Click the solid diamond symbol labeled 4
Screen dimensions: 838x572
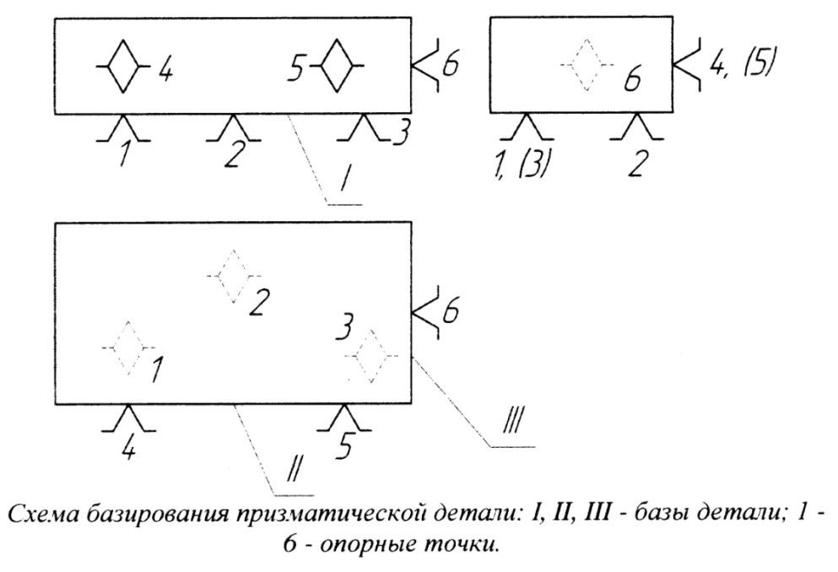click(x=123, y=66)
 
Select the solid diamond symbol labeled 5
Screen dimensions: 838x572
click(x=336, y=66)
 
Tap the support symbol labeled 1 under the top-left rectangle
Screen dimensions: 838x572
click(x=123, y=127)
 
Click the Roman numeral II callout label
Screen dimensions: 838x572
click(x=293, y=469)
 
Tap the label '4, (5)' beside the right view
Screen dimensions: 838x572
click(x=741, y=63)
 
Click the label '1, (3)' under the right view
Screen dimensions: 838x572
click(x=521, y=164)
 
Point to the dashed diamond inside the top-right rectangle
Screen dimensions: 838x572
click(x=587, y=65)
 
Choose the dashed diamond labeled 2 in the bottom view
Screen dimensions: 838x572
click(x=234, y=276)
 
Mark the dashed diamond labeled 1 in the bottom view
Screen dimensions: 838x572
click(x=128, y=348)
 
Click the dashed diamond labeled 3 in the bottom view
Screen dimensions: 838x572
click(x=371, y=356)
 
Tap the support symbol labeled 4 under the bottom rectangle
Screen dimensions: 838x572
click(x=128, y=418)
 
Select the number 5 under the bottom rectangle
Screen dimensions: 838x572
click(x=345, y=446)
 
